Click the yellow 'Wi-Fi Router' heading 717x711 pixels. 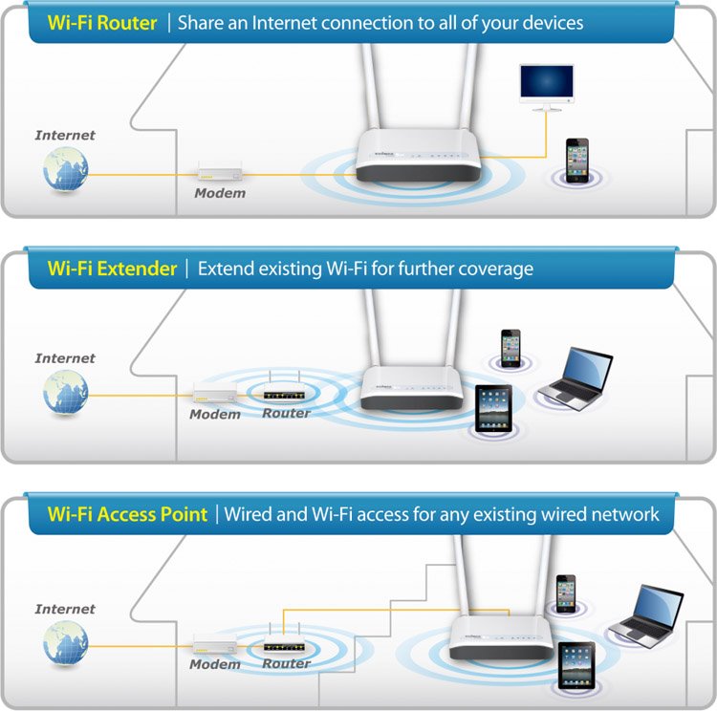click(102, 23)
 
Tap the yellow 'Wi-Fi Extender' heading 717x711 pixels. click(112, 269)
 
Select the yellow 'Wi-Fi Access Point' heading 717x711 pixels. click(127, 514)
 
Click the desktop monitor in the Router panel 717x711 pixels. click(547, 87)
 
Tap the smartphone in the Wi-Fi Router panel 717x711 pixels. click(577, 160)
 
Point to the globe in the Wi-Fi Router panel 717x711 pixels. click(65, 168)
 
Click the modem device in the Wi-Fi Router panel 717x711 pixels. click(220, 171)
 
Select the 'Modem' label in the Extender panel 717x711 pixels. click(215, 414)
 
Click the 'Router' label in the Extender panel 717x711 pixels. click(286, 414)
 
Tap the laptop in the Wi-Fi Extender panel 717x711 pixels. click(576, 378)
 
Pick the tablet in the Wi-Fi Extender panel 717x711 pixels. click(493, 409)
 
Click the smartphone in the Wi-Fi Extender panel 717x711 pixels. click(511, 348)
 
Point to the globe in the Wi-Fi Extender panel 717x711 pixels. click(65, 392)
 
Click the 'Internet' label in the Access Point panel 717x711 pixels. click(65, 609)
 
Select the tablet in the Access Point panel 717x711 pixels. click(576, 666)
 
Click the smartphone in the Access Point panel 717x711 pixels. click(566, 593)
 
